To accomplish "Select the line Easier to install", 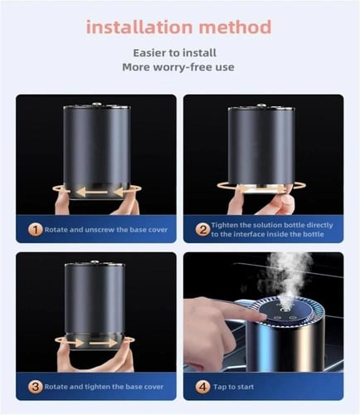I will click(x=180, y=53).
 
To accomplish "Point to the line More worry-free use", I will click(x=180, y=68).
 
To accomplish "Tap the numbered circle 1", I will click(x=36, y=228).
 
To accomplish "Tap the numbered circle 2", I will click(x=202, y=229).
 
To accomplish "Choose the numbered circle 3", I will click(x=36, y=387).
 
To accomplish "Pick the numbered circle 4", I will click(x=202, y=387).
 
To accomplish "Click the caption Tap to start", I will click(x=239, y=387).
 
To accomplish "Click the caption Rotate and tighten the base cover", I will click(x=104, y=387).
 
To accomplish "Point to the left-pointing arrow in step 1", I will click(x=83, y=193).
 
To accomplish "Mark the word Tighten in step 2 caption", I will click(x=227, y=225).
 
